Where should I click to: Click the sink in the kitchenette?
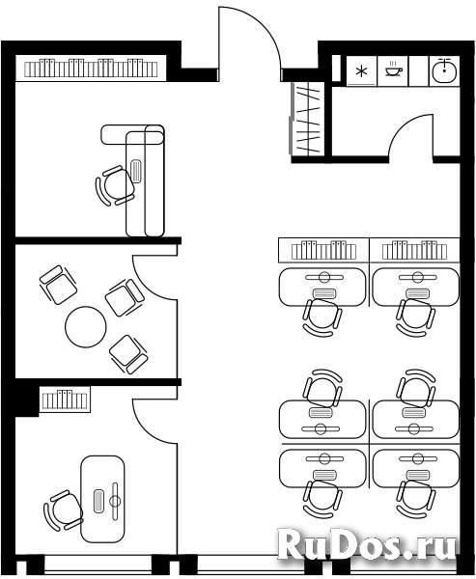tap(444, 70)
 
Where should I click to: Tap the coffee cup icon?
tap(394, 69)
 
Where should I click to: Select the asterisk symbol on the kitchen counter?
tap(361, 71)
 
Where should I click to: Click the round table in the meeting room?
tap(86, 327)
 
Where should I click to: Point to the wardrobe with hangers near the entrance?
tap(307, 119)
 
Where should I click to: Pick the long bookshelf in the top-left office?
tap(91, 68)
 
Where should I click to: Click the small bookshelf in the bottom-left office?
tap(65, 400)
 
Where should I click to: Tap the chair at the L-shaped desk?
tap(115, 185)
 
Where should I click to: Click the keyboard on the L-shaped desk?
tap(136, 171)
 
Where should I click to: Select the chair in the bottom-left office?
tap(63, 510)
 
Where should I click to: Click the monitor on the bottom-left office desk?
tap(115, 501)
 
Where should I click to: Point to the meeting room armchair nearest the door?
tap(125, 297)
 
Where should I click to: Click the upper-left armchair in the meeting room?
tap(58, 285)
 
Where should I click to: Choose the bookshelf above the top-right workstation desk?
tap(414, 250)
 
